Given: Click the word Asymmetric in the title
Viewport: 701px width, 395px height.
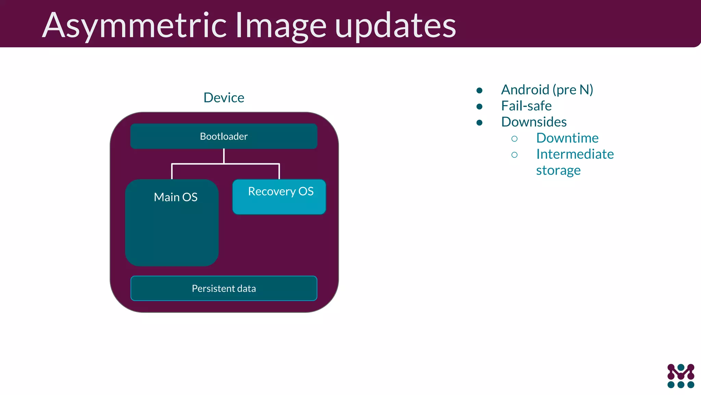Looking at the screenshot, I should pos(135,25).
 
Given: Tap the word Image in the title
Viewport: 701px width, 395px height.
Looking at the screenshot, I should pos(281,25).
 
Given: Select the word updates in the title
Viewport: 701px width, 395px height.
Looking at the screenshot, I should pos(395,25).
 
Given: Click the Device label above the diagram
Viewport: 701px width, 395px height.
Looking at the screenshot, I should pos(224,98).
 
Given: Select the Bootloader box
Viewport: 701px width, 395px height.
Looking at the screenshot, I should pos(224,136).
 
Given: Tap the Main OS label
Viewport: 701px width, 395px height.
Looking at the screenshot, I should pos(176,197).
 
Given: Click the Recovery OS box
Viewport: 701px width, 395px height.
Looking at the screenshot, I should pos(279,197).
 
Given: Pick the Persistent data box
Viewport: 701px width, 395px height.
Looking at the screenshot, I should pos(224,288).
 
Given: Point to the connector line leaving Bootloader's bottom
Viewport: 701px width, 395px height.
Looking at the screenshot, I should pos(224,156).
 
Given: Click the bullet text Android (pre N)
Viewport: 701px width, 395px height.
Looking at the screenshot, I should pos(547,90).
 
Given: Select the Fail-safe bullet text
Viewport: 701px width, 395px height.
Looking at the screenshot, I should pos(526,106).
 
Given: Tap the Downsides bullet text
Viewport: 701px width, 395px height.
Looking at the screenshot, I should pos(534,122).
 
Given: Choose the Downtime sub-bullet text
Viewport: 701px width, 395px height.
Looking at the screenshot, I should pos(568,138).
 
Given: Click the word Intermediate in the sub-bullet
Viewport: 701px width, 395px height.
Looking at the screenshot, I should pos(575,154).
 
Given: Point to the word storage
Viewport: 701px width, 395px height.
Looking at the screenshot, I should pos(558,170).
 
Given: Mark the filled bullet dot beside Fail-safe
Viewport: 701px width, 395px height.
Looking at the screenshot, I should pos(480,107).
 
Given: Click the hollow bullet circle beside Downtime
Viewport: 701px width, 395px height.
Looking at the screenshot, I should pos(514,139).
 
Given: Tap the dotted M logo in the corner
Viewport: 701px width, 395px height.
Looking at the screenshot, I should pos(681,376).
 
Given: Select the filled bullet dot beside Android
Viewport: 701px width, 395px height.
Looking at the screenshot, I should pos(480,91).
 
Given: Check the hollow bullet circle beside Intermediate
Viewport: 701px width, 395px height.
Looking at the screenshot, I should pos(514,155).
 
